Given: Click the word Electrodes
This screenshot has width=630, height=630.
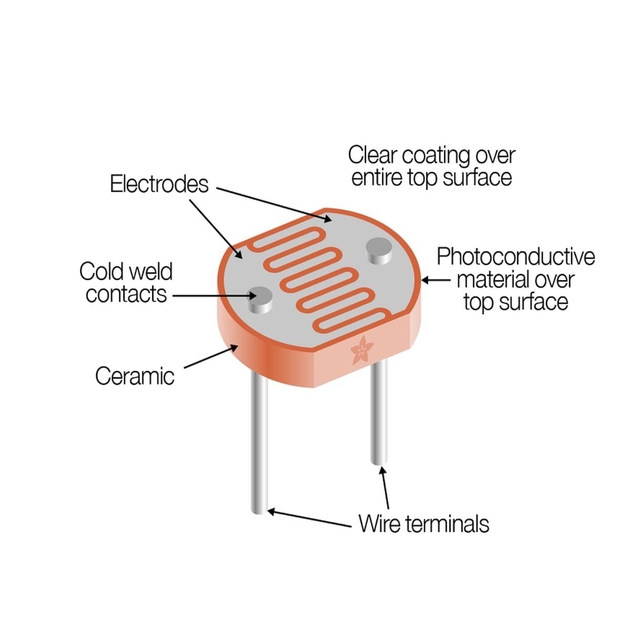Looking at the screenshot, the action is coord(159,184).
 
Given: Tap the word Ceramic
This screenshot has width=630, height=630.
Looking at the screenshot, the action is coord(135,376).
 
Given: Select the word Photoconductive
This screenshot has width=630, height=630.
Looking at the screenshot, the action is coord(516,257).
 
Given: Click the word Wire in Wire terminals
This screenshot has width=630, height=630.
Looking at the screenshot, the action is coord(379,524).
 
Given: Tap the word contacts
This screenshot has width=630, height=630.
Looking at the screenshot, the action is coord(126,294).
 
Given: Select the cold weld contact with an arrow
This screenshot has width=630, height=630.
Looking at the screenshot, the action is coord(260,300).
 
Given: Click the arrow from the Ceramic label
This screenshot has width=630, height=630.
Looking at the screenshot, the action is coord(211,358).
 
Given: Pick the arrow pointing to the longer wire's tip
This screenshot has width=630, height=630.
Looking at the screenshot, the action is coord(309,519).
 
